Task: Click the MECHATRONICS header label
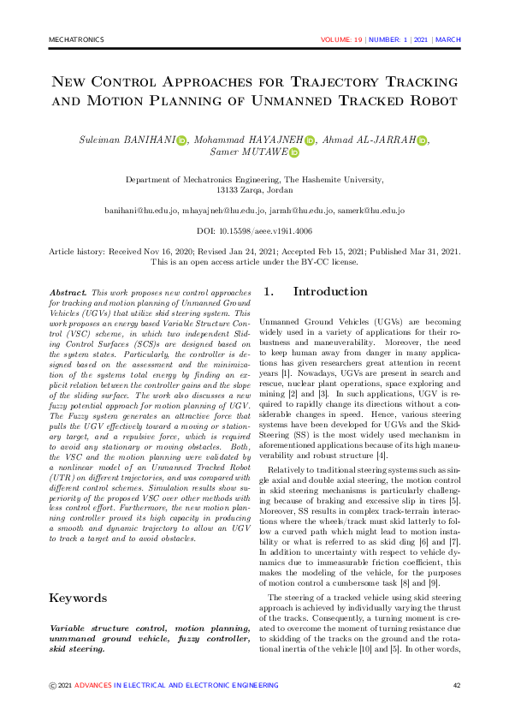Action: [76, 39]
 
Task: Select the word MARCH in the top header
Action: [448, 39]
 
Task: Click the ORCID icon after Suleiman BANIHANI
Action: [181, 140]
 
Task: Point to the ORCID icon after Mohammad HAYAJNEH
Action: [310, 140]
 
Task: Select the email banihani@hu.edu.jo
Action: [141, 210]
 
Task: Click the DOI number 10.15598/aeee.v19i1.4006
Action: [266, 231]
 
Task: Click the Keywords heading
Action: [78, 598]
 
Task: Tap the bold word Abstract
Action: [68, 293]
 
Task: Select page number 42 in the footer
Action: [457, 685]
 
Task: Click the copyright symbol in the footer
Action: [53, 685]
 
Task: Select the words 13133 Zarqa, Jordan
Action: [254, 191]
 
